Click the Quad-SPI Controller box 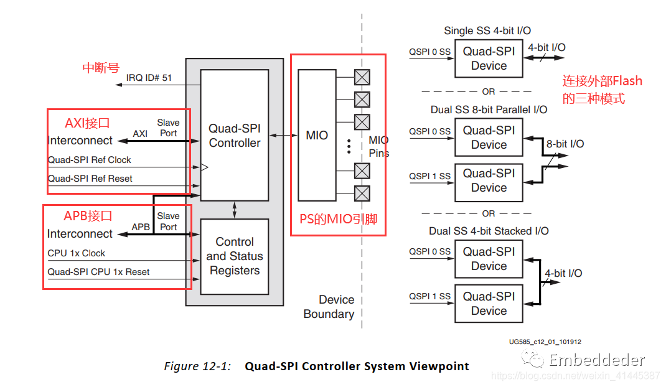coord(234,135)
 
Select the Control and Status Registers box coord(234,256)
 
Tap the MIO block coord(317,135)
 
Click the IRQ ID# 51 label coord(149,78)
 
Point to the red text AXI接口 coord(87,123)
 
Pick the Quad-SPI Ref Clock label coord(90,160)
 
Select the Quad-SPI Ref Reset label coord(90,179)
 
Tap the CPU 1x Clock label coord(77,253)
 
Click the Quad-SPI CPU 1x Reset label coord(98,272)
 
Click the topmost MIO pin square coord(362,77)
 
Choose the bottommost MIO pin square coord(362,193)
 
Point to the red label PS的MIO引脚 coord(339,219)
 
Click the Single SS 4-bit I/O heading coord(487,30)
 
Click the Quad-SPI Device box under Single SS coord(489,58)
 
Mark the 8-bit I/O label coord(565,144)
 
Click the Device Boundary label coord(329,307)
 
